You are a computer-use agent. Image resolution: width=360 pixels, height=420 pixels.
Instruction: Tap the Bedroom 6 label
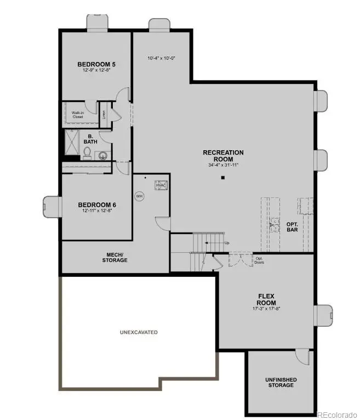97,205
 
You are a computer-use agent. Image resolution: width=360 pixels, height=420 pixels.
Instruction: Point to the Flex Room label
267,299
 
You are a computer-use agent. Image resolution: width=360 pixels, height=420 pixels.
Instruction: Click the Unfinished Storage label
281,382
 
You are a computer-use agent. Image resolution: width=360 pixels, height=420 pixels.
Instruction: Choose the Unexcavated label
139,332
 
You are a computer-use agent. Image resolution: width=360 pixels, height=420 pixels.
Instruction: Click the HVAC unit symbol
161,185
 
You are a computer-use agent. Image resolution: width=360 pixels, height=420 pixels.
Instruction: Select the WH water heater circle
139,195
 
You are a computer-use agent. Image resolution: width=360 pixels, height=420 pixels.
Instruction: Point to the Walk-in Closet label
77,115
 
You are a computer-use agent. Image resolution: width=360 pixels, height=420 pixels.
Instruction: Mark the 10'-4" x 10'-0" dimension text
161,58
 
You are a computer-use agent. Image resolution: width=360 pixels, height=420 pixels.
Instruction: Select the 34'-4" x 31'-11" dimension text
223,164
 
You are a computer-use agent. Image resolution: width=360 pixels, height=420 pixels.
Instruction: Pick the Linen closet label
104,115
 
